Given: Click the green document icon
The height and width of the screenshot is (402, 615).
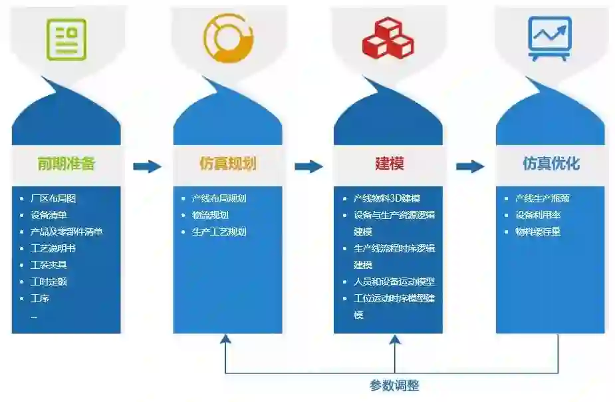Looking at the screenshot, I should tap(66, 39).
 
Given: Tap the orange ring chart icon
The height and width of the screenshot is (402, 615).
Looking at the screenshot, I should tap(228, 39).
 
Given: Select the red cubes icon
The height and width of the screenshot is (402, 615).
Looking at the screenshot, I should tap(388, 38).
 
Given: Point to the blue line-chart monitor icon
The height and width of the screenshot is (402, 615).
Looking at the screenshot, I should tap(549, 38).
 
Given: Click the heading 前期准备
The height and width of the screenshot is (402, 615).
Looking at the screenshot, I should tap(66, 164).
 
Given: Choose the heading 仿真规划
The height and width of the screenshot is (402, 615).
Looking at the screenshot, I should tap(227, 164).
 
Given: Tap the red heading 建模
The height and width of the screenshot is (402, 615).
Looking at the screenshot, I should tap(389, 164).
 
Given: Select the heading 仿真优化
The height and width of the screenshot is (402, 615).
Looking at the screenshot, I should tap(551, 164).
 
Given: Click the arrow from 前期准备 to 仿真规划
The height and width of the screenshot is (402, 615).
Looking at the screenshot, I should tap(147, 166).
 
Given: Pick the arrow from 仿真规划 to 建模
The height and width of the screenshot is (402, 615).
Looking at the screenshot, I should tap(308, 166).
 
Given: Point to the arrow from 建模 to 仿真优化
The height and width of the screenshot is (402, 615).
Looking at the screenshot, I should tap(470, 166).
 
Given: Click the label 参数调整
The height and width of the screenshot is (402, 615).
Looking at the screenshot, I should tap(394, 385).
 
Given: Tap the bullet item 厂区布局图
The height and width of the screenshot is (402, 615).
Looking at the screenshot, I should tap(54, 198).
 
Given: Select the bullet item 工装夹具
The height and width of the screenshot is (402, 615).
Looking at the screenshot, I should tap(49, 265).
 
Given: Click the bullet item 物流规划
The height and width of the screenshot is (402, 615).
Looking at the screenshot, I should tap(210, 215).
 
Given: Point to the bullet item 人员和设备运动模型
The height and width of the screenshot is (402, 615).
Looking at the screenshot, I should tap(394, 282).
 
